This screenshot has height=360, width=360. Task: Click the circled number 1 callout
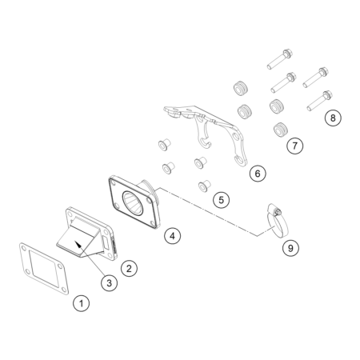tap(82, 303)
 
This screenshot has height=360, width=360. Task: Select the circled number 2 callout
tap(129, 268)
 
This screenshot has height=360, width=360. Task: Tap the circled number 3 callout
tap(109, 283)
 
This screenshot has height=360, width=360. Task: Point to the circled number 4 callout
tap(172, 236)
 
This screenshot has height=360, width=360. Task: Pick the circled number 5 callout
tap(221, 200)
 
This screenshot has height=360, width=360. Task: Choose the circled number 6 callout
tap(258, 174)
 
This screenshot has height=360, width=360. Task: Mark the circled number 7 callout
tap(295, 146)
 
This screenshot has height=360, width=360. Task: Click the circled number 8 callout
tap(333, 118)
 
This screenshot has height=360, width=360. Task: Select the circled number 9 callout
tap(290, 248)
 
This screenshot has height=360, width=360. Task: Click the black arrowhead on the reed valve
tap(78, 244)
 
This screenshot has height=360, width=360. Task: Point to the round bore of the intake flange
tap(133, 203)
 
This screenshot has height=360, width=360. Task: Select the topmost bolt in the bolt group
tap(280, 59)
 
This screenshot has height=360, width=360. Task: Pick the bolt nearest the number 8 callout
tap(319, 101)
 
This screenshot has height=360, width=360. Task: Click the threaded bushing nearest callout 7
tap(281, 130)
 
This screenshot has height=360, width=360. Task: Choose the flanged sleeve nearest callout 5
tap(204, 186)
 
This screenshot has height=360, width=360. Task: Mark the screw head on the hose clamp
tap(278, 212)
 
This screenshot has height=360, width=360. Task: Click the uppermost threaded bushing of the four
tap(241, 88)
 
